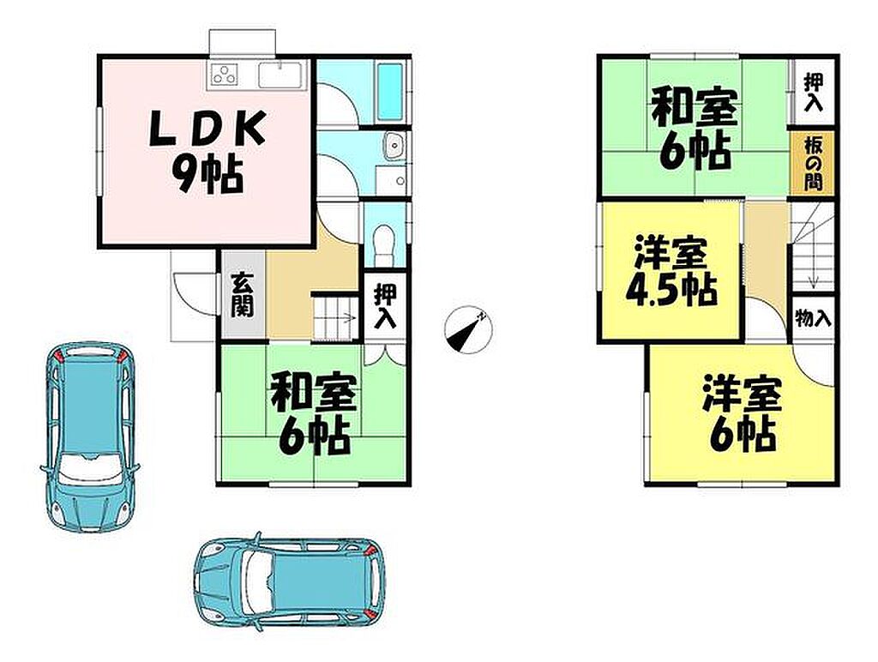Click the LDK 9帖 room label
click(207, 150)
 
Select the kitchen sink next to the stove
click(281, 75)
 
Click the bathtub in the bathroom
click(390, 92)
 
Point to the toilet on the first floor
click(384, 244)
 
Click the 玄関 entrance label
click(243, 295)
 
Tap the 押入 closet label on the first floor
click(386, 306)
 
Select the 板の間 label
click(813, 165)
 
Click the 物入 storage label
click(813, 320)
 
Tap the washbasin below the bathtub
click(395, 146)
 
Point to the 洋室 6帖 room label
click(743, 413)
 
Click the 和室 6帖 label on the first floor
click(314, 413)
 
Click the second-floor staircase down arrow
click(814, 270)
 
